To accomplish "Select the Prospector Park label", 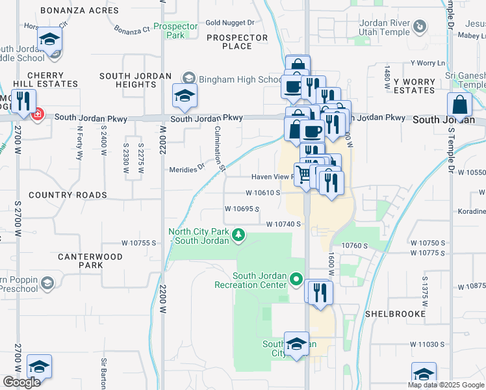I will click(175, 31).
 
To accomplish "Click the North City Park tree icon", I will click(239, 234).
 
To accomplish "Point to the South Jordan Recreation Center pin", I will click(296, 280).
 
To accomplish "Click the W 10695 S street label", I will click(242, 209).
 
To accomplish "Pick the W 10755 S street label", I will click(139, 243).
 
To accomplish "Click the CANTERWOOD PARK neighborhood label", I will click(90, 261).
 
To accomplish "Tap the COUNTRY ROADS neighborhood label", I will click(68, 195).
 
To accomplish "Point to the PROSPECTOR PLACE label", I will click(238, 42).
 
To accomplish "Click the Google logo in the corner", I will click(21, 382).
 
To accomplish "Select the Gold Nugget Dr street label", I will click(229, 22).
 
